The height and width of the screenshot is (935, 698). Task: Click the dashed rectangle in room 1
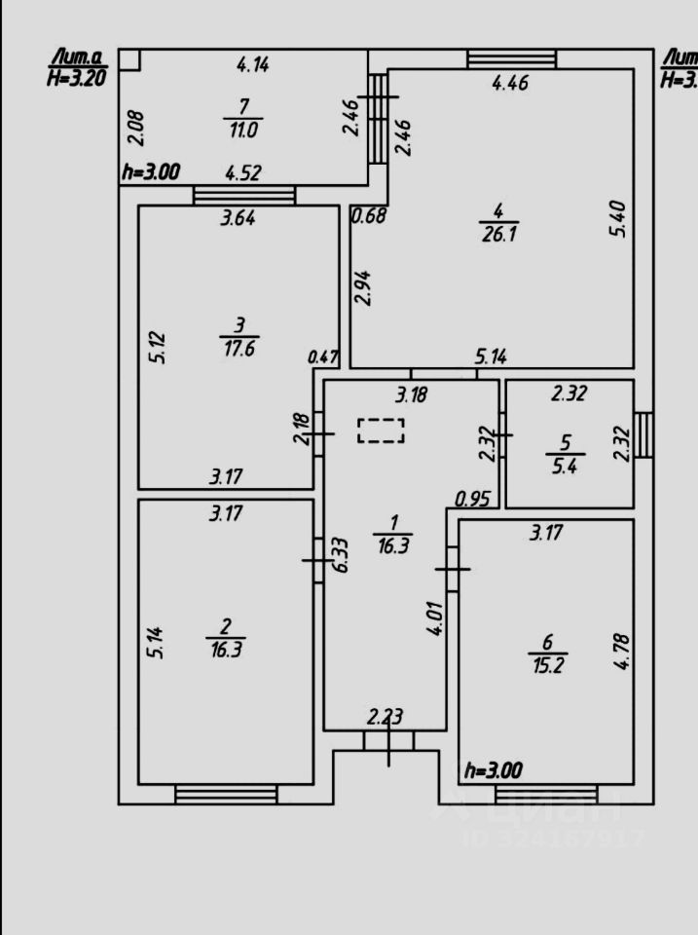[381, 430]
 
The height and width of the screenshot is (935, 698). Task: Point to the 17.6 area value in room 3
[239, 350]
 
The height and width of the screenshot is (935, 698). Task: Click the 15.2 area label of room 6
[547, 667]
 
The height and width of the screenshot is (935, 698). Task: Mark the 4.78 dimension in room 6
[623, 651]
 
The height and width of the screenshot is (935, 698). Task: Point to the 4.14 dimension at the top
[253, 65]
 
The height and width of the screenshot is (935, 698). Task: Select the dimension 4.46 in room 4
[510, 84]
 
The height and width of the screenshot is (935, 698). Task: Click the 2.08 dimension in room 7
[136, 126]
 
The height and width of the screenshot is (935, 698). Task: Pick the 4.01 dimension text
[435, 618]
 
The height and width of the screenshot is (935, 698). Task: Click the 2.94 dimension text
[362, 287]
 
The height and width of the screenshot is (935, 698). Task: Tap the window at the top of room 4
[511, 59]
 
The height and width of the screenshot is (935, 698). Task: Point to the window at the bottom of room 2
[226, 795]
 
